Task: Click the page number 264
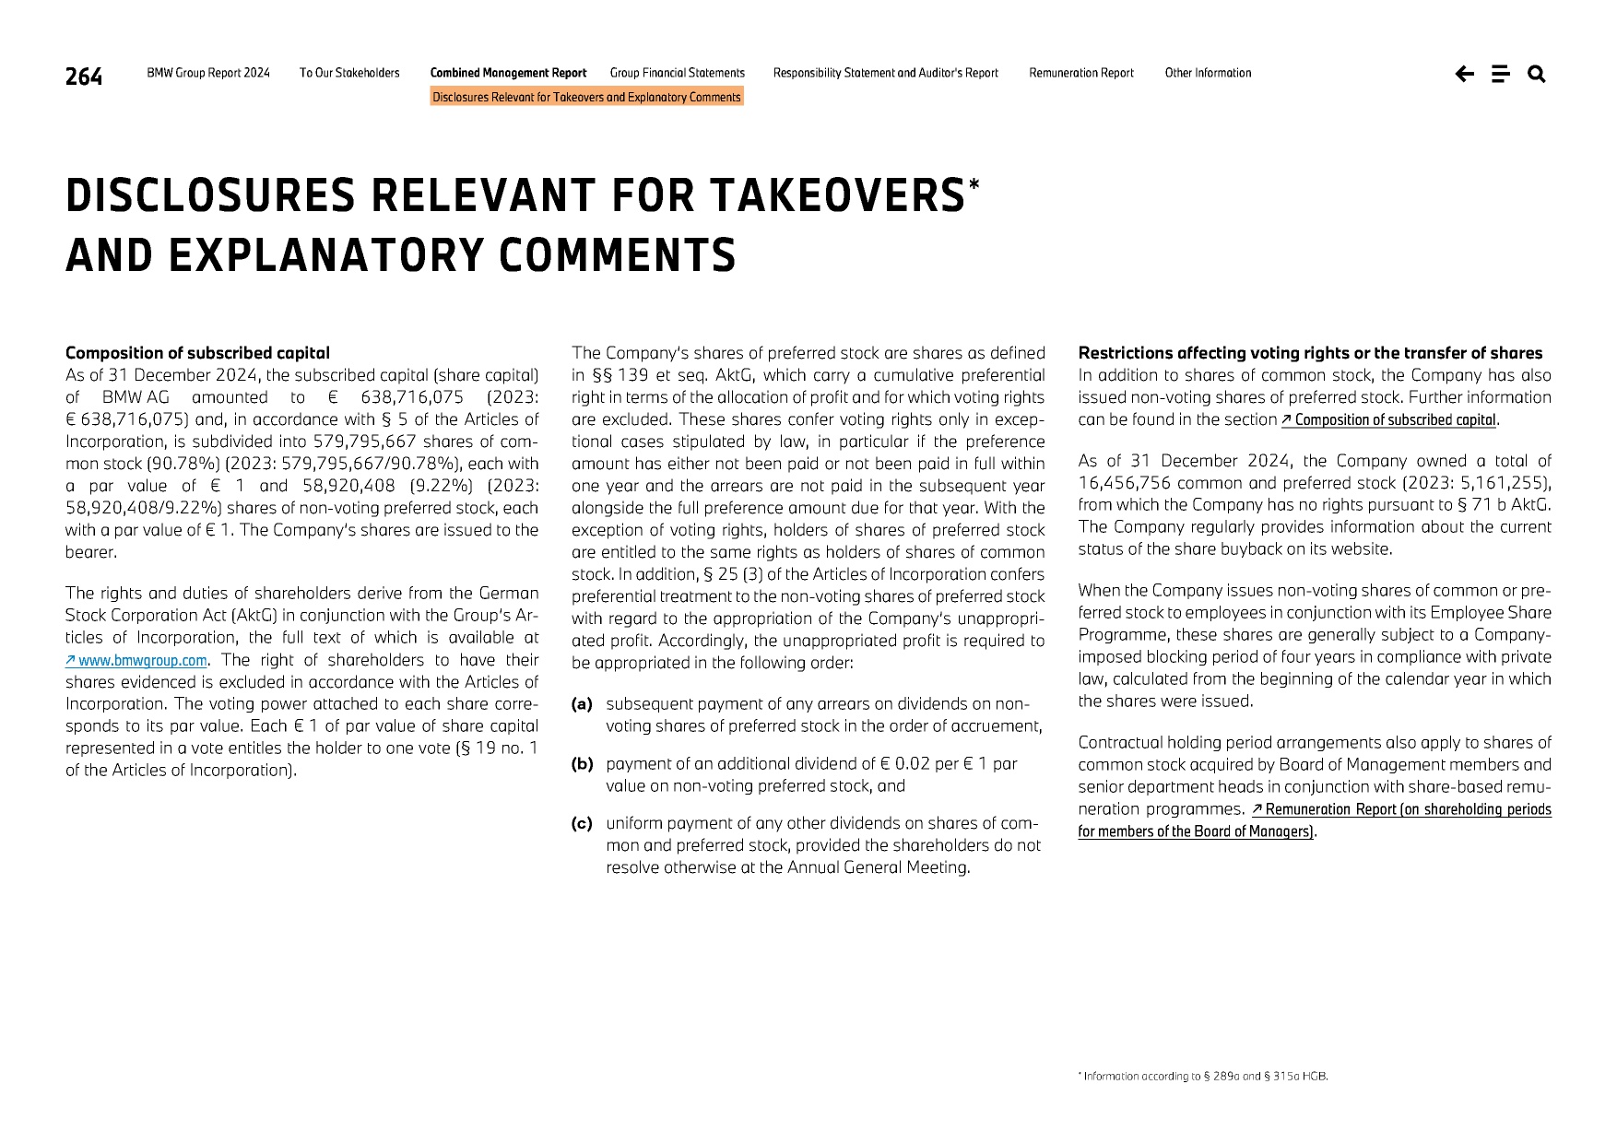83,77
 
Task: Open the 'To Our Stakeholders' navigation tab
349,73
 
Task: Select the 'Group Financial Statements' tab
677,73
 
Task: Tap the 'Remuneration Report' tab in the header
1080,73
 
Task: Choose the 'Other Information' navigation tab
1208,73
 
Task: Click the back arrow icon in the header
1464,74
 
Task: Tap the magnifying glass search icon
1536,74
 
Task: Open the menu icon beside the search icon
1500,74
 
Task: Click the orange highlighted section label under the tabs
586,97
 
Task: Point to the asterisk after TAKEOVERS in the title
974,185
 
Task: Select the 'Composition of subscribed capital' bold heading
197,353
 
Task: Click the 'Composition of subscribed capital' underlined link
1394,420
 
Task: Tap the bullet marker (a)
581,704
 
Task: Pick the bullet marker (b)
582,764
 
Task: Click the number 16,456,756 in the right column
1124,483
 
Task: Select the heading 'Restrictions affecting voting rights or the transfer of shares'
1309,353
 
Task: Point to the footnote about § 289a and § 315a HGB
1205,1076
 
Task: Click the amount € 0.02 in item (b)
912,764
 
